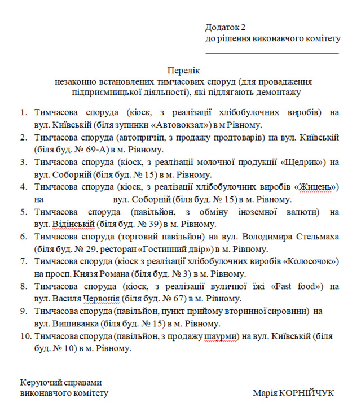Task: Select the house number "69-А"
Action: tap(89, 150)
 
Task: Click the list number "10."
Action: tap(25, 336)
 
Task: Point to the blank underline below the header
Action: tap(272, 52)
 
